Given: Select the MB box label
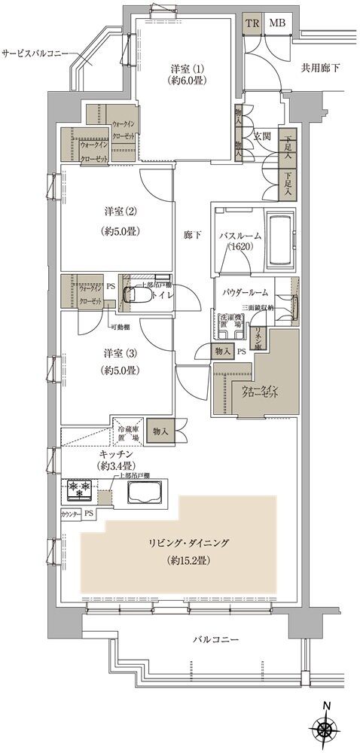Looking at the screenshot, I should pyautogui.click(x=276, y=23).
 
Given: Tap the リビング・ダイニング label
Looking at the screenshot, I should pyautogui.click(x=183, y=542).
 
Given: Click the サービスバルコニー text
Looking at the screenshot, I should pyautogui.click(x=35, y=54).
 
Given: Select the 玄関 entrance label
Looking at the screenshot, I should pyautogui.click(x=262, y=136).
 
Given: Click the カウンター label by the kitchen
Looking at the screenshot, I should pyautogui.click(x=71, y=514).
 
